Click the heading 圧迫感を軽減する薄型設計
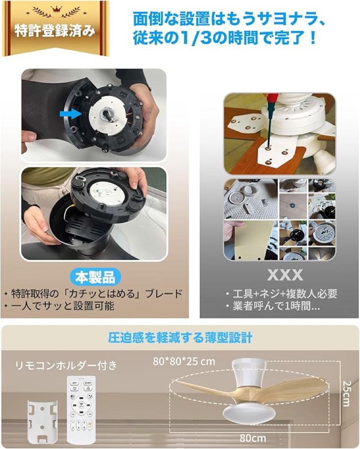click(180, 337)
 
